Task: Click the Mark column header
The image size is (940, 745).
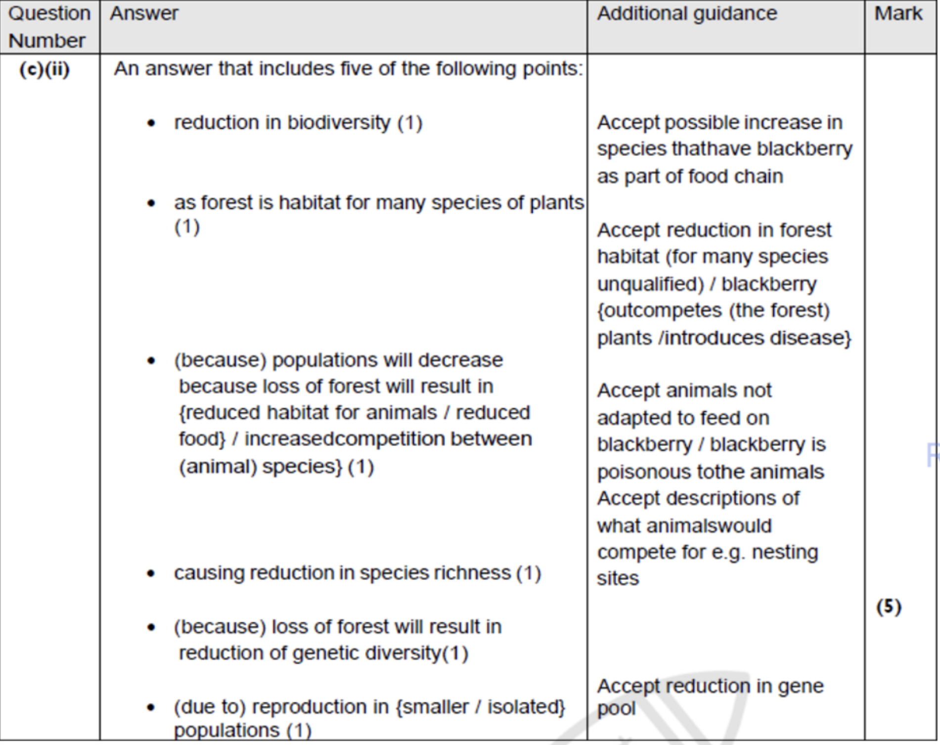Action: click(898, 14)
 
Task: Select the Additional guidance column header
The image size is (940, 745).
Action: click(687, 14)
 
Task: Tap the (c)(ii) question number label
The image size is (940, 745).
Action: click(45, 69)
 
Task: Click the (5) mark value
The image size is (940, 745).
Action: click(889, 606)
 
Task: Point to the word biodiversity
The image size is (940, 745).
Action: click(339, 123)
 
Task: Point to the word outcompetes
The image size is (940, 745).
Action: click(659, 311)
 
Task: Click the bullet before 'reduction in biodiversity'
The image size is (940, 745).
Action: click(152, 123)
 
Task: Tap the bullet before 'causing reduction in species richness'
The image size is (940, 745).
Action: click(152, 574)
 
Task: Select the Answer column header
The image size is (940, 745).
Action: click(144, 14)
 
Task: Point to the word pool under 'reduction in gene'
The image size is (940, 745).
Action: click(616, 708)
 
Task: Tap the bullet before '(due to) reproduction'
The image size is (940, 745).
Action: click(152, 707)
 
